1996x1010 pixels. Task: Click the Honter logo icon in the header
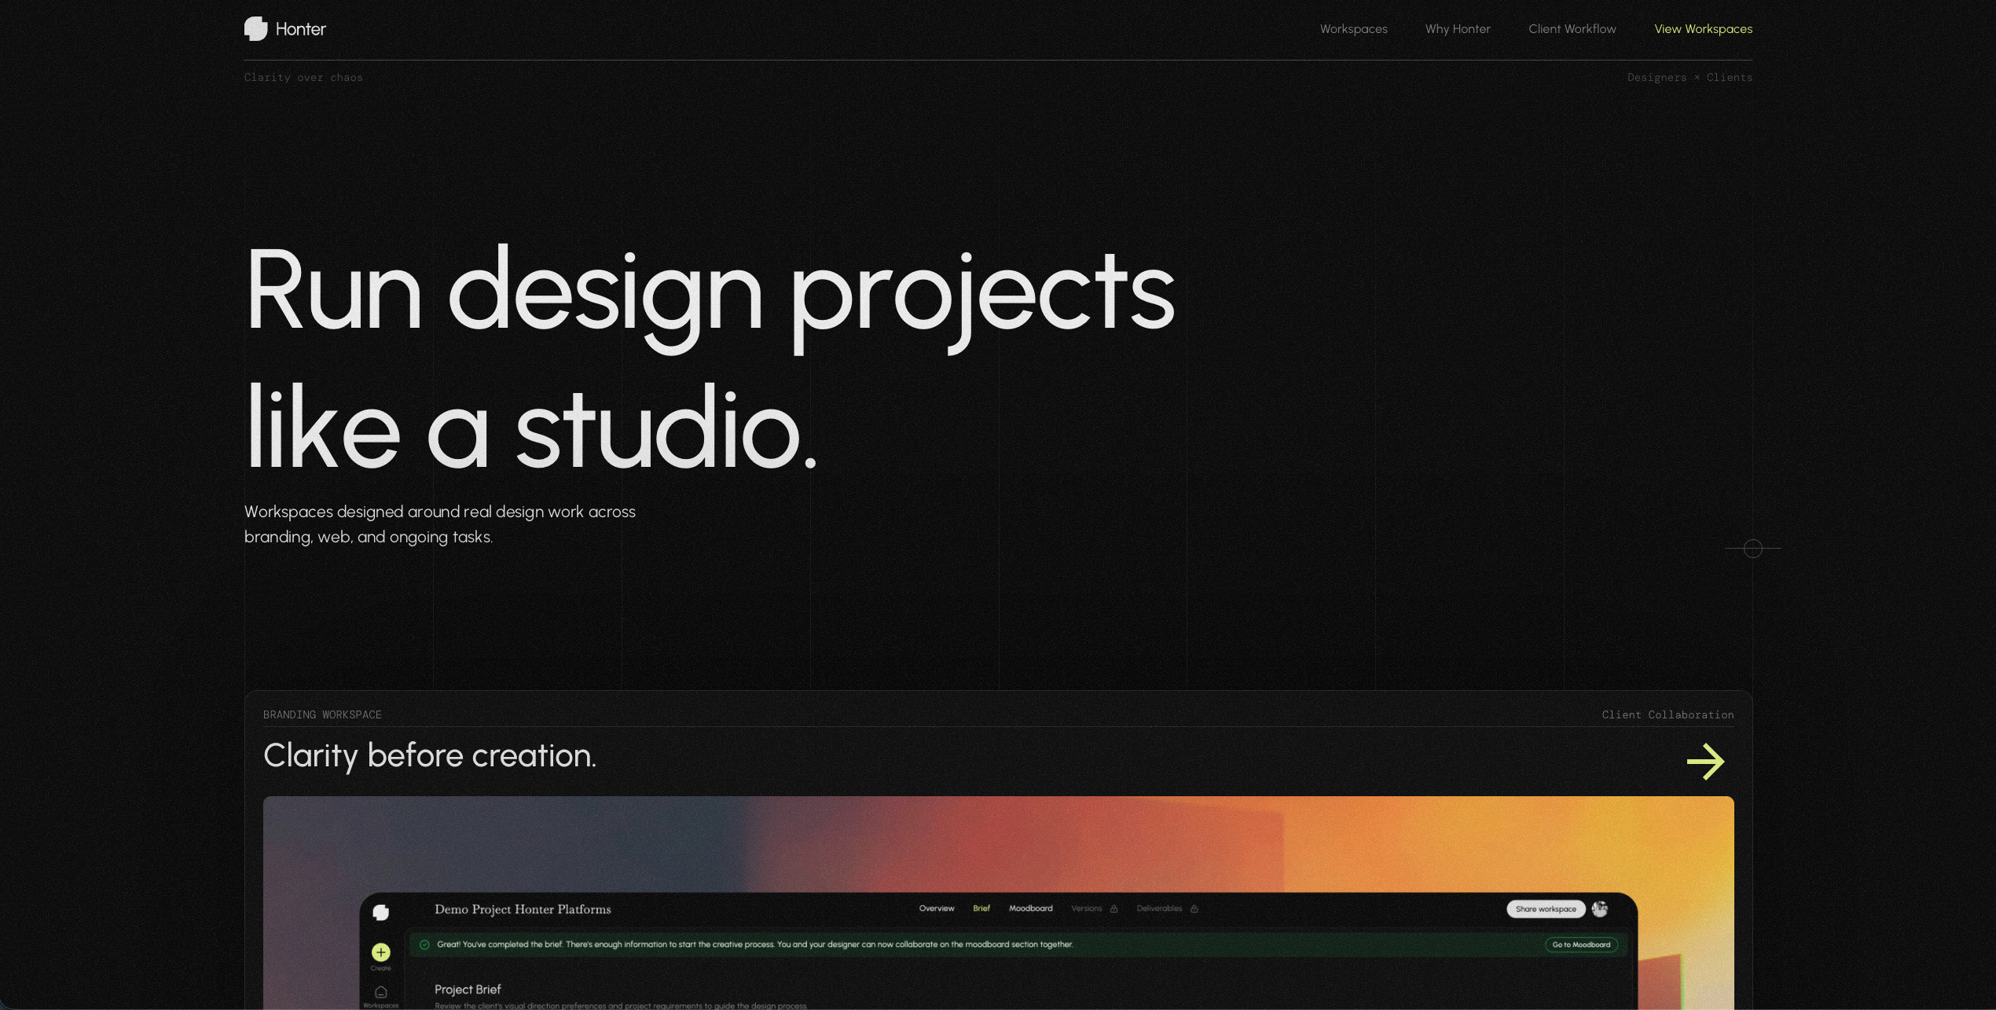pyautogui.click(x=255, y=29)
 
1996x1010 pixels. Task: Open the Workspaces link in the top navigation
pyautogui.click(x=1353, y=29)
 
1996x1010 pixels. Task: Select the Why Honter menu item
pyautogui.click(x=1458, y=29)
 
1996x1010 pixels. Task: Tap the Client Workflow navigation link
pyautogui.click(x=1572, y=29)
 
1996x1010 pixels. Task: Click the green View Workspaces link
pyautogui.click(x=1703, y=29)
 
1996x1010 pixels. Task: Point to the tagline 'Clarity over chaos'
pyautogui.click(x=303, y=78)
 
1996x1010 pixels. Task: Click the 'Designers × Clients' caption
pyautogui.click(x=1690, y=78)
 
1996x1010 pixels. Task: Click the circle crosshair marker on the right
pyautogui.click(x=1752, y=549)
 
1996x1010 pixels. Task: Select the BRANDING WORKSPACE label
pyautogui.click(x=322, y=714)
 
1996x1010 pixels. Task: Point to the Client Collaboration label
pyautogui.click(x=1668, y=714)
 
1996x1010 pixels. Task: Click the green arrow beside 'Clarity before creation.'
pyautogui.click(x=1705, y=761)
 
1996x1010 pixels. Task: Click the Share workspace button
pyautogui.click(x=1545, y=909)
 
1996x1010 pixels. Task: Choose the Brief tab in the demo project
pyautogui.click(x=981, y=909)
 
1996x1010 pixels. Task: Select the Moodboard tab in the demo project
pyautogui.click(x=1030, y=909)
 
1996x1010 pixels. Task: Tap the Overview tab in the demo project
pyautogui.click(x=936, y=909)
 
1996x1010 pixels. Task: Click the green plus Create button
pyautogui.click(x=380, y=953)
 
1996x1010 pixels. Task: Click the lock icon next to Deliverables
pyautogui.click(x=1194, y=909)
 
